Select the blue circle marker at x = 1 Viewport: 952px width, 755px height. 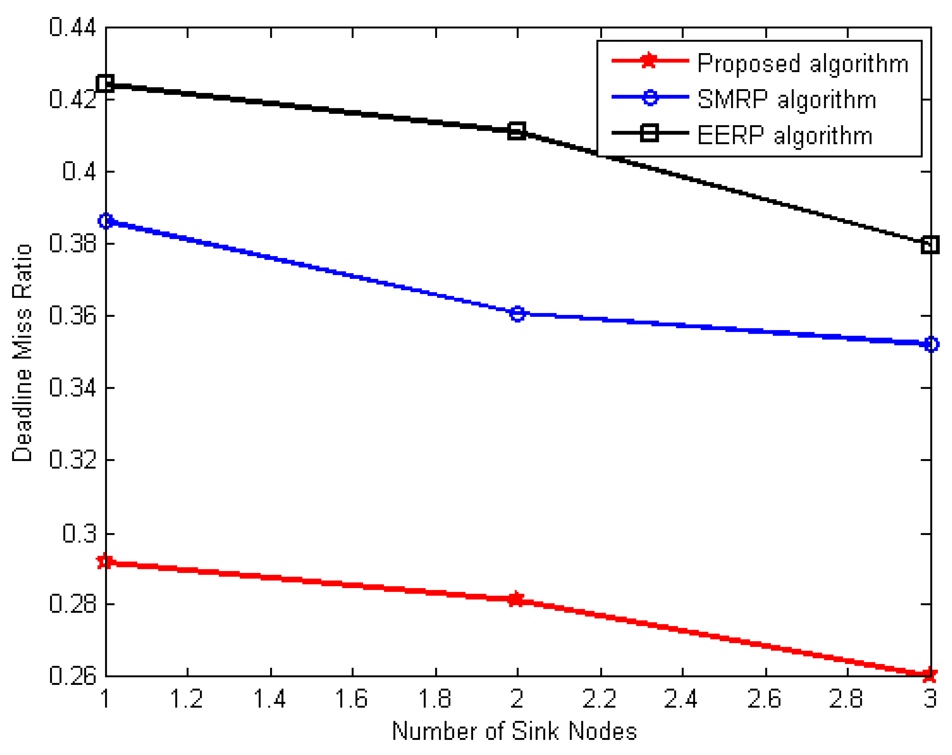pos(106,220)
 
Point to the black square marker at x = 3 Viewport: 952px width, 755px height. pos(930,244)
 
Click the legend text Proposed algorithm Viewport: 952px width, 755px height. pos(803,63)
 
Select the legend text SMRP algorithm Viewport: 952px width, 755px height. pos(787,99)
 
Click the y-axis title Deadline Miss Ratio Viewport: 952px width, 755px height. pos(22,352)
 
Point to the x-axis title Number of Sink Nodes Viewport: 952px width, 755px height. pos(514,731)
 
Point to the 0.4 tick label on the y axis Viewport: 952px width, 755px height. pos(79,171)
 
